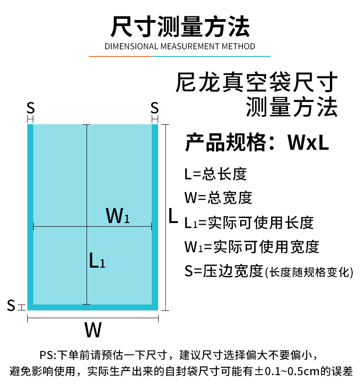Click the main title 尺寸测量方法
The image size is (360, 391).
180,26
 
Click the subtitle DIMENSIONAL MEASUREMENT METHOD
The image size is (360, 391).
180,46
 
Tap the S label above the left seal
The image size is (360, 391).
31,108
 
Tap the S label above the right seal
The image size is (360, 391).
154,108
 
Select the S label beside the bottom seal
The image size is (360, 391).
11,305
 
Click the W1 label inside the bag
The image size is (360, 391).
118,216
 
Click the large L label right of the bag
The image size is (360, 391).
173,217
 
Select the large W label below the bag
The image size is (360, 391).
93,330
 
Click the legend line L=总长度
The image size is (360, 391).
215,174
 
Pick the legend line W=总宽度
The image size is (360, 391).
218,198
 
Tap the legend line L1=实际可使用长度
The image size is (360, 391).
249,223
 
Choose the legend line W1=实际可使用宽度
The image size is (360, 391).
252,247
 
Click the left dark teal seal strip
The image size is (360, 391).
31,214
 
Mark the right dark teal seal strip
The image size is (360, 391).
155,214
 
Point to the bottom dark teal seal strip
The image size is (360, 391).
93,307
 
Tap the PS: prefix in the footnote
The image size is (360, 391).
47,354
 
